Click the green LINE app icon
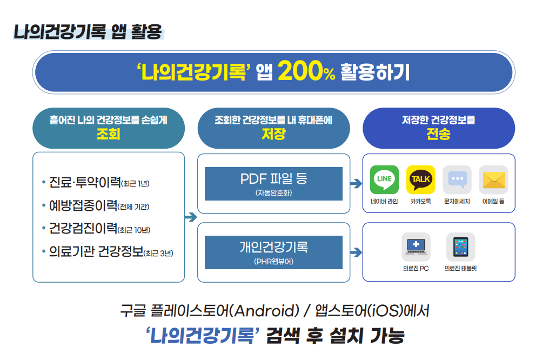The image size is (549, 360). click(x=384, y=179)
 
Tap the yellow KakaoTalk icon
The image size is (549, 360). click(x=420, y=179)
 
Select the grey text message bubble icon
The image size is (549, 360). click(x=457, y=179)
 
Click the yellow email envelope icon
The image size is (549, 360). click(x=493, y=179)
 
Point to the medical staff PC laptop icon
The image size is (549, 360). click(x=416, y=247)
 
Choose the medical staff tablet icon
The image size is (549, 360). click(x=460, y=247)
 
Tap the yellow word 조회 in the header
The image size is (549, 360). click(x=108, y=134)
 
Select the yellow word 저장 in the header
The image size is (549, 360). click(x=273, y=134)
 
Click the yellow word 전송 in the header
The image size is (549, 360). click(x=438, y=134)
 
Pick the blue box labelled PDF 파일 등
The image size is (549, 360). click(x=273, y=183)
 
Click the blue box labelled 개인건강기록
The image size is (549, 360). click(x=273, y=252)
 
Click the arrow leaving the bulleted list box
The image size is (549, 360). click(x=191, y=217)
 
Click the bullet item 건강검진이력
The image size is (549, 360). click(x=97, y=229)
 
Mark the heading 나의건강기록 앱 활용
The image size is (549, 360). click(x=88, y=32)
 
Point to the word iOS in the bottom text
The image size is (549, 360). click(x=382, y=311)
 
